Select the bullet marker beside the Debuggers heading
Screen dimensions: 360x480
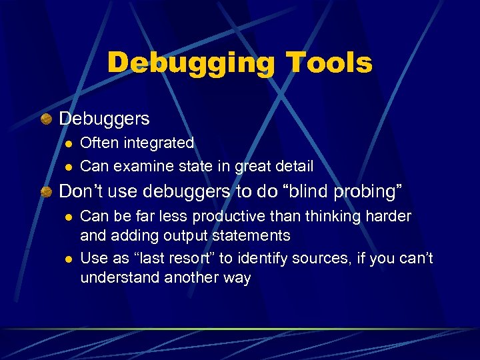point(46,119)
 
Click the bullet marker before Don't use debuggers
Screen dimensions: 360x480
point(46,192)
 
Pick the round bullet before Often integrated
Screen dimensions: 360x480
point(67,143)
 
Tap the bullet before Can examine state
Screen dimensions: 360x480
point(67,165)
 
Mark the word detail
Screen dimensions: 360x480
point(294,165)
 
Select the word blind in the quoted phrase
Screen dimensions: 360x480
point(307,191)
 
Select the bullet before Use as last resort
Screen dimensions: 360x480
point(67,259)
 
